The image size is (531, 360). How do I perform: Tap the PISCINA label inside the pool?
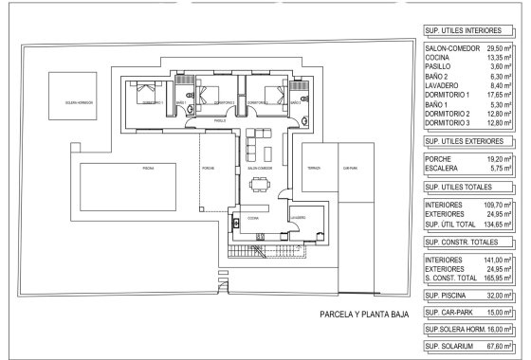pyautogui.click(x=148, y=167)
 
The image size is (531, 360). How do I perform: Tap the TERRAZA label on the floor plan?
pyautogui.click(x=314, y=168)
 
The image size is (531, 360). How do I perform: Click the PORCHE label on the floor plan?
pyautogui.click(x=208, y=168)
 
